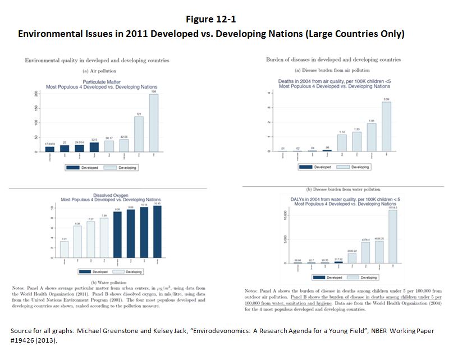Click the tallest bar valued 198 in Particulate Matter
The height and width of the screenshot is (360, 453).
coord(153,123)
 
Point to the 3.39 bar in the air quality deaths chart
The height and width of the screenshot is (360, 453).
coord(386,127)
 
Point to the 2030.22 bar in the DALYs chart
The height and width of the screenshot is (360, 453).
coord(352,258)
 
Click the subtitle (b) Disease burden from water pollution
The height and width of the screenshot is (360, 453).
coord(344,190)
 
